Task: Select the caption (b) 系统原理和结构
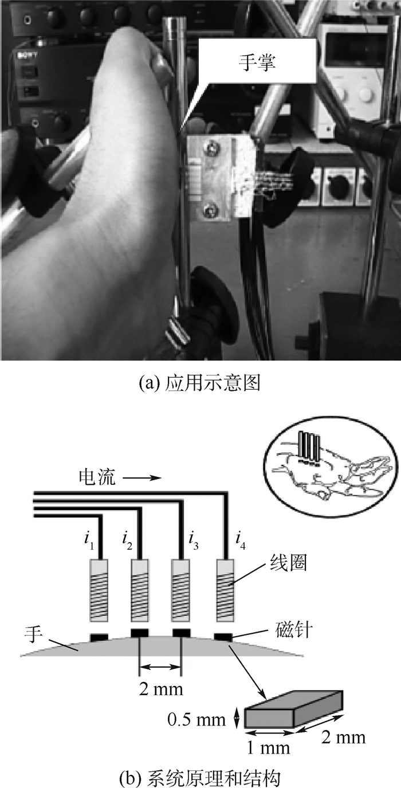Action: (200, 778)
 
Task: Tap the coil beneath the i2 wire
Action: (141, 590)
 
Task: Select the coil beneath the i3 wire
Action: (182, 590)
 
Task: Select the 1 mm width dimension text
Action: (269, 748)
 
